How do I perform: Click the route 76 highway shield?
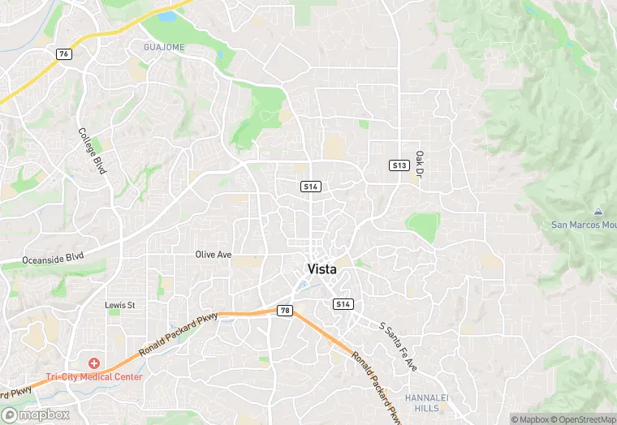point(63,54)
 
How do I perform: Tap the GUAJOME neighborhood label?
point(164,47)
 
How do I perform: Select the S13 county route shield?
point(399,165)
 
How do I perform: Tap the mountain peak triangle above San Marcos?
point(598,212)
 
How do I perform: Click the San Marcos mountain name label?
point(583,225)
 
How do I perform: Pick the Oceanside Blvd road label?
point(54,258)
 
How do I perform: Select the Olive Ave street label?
point(214,255)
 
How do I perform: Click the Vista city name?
point(322,269)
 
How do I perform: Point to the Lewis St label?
point(119,305)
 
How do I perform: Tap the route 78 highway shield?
point(285,311)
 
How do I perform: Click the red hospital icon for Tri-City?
point(94,363)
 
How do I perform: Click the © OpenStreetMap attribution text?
point(583,419)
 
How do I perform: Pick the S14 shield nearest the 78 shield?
point(343,304)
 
